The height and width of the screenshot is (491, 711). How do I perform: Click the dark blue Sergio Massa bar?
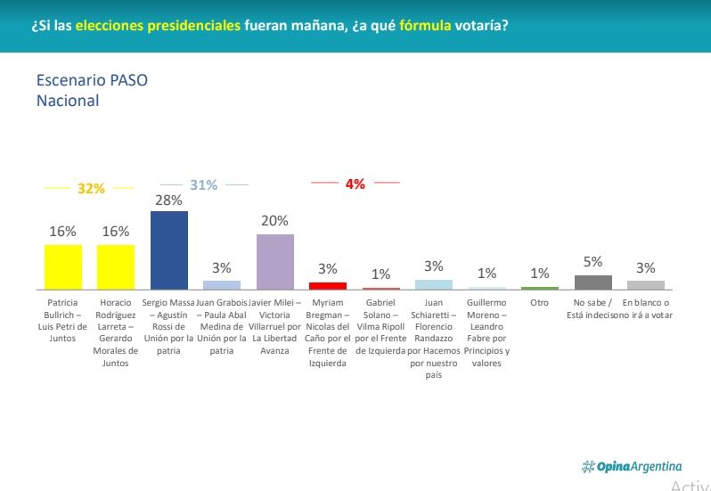coord(168,250)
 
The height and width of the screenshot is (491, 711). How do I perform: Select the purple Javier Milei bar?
coord(275,262)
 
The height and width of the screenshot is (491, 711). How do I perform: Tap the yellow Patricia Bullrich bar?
coord(62,266)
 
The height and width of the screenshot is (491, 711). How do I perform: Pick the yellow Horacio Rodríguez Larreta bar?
coord(116,266)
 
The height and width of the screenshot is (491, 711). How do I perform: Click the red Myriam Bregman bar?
coord(328,285)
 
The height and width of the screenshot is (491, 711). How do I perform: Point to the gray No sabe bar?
coord(592,282)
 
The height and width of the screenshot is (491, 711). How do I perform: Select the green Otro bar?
coord(540,288)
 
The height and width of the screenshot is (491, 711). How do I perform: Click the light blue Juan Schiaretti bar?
coord(434,284)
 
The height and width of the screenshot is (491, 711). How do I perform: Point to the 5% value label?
coord(592,262)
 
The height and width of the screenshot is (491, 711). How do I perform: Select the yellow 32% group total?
coord(91,189)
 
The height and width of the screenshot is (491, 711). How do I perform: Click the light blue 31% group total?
coord(203,185)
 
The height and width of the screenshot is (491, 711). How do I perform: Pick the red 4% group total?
coord(355,184)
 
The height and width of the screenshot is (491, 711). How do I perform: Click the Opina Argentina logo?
coord(632,466)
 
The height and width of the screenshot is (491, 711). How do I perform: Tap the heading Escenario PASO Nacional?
coord(92,90)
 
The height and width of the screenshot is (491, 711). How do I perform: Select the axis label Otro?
coord(540,303)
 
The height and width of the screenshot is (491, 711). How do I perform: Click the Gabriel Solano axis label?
coord(380,327)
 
